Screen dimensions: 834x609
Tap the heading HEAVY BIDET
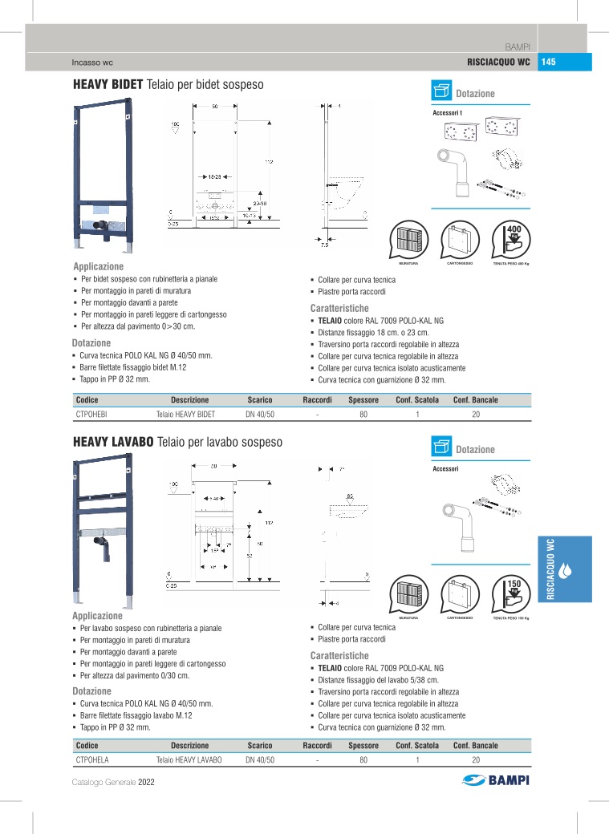click(108, 84)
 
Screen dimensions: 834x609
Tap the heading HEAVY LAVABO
click(113, 441)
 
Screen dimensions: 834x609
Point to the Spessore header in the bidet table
click(363, 399)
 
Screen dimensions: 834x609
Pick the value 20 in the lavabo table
click(476, 759)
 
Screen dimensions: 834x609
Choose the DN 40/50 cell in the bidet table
click(260, 414)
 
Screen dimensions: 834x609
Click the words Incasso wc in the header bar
click(91, 63)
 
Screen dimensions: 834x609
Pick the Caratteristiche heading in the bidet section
click(339, 308)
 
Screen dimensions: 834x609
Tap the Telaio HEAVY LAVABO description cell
click(189, 759)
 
